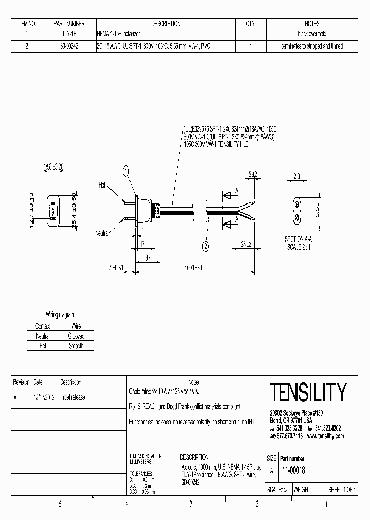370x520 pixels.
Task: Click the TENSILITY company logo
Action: click(308, 393)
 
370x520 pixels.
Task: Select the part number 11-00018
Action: click(293, 470)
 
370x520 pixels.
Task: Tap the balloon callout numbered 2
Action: click(205, 246)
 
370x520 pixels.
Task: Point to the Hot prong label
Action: click(102, 184)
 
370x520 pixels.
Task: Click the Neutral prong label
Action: click(102, 233)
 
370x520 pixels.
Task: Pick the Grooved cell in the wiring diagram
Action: click(76, 336)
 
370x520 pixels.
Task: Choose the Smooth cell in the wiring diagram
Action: click(76, 346)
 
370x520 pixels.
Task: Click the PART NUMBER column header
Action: click(69, 24)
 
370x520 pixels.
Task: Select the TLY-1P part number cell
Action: click(69, 34)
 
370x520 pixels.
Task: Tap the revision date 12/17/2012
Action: click(44, 397)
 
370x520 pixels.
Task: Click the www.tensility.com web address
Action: click(325, 436)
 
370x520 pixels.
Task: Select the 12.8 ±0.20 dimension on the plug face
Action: click(53, 166)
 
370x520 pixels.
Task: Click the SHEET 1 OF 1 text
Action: click(342, 490)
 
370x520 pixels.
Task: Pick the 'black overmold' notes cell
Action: click(312, 34)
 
